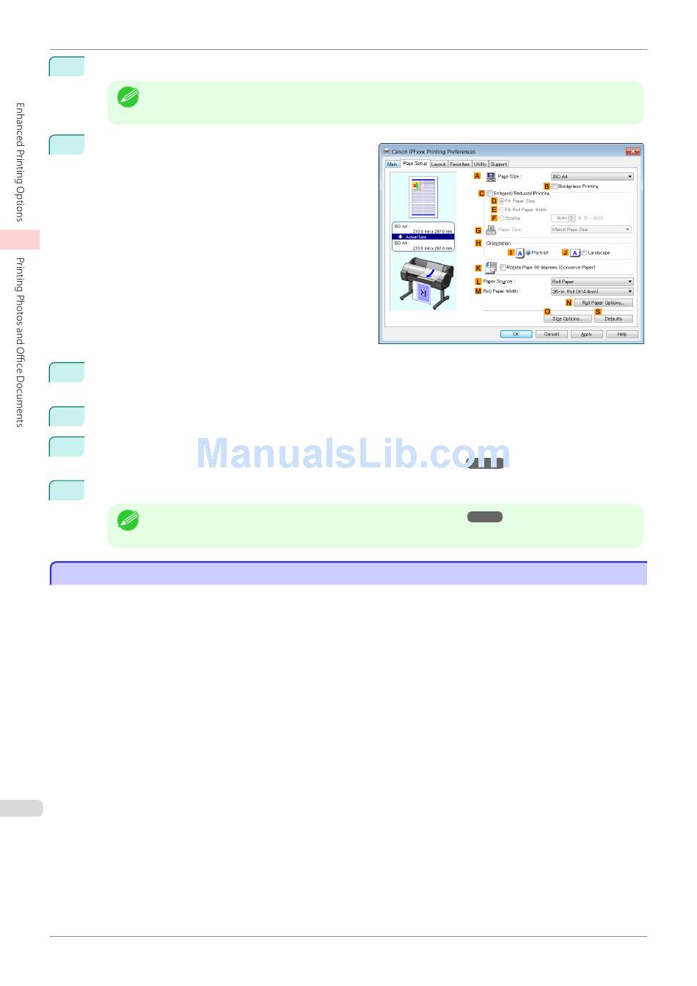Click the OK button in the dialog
516,334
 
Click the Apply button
586,334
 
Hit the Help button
621,334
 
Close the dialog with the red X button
632,151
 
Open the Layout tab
438,164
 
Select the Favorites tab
460,164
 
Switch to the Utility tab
480,164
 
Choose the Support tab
499,164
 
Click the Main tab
393,164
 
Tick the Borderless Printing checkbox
555,186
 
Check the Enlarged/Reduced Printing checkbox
490,194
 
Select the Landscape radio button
585,252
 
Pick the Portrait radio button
528,252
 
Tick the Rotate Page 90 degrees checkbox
503,268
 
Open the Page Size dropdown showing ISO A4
591,177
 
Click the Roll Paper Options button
602,303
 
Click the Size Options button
567,319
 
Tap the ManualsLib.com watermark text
352,453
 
